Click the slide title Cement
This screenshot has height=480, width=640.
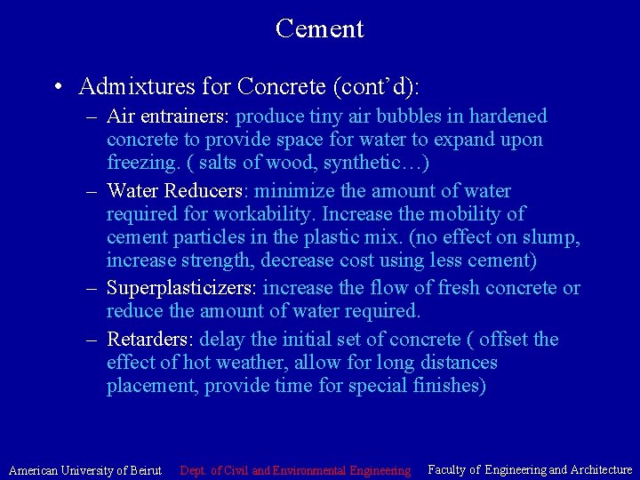pyautogui.click(x=319, y=28)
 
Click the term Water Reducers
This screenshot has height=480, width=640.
pyautogui.click(x=174, y=190)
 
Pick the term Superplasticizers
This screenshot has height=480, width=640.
pyautogui.click(x=181, y=288)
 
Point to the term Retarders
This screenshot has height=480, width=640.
pyautogui.click(x=150, y=340)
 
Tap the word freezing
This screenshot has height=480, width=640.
pyautogui.click(x=139, y=164)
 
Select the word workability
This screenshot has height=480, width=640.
pyautogui.click(x=266, y=214)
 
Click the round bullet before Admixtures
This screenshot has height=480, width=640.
pyautogui.click(x=57, y=87)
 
